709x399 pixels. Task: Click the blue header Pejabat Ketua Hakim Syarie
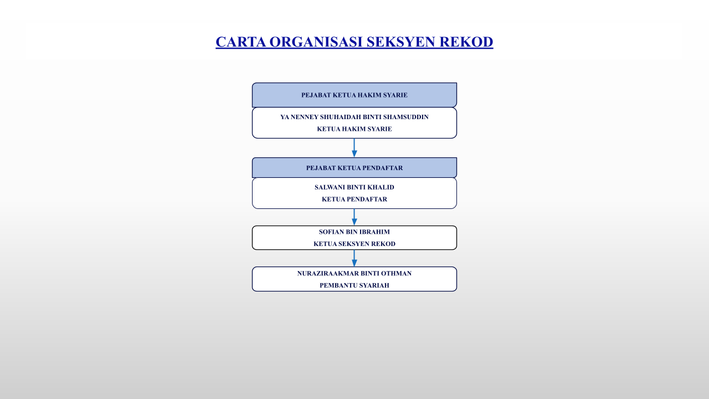click(354, 95)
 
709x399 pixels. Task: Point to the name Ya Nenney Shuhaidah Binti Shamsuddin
click(354, 117)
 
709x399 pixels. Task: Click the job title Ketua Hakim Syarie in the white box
click(354, 129)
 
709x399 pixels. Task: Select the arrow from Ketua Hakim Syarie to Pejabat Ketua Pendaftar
click(354, 148)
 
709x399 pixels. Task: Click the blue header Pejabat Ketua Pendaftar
click(354, 168)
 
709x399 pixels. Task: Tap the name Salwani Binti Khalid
click(354, 187)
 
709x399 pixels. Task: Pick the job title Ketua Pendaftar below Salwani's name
click(354, 199)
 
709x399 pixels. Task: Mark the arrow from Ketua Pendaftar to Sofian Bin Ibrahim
click(354, 217)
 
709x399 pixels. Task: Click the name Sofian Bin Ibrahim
click(354, 232)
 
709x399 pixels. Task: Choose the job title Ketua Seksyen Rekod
click(354, 244)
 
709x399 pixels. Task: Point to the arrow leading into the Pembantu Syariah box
click(354, 258)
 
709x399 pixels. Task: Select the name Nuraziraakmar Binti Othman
click(354, 273)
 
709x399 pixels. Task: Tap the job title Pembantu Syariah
click(354, 285)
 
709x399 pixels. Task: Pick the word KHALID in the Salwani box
click(381, 187)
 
